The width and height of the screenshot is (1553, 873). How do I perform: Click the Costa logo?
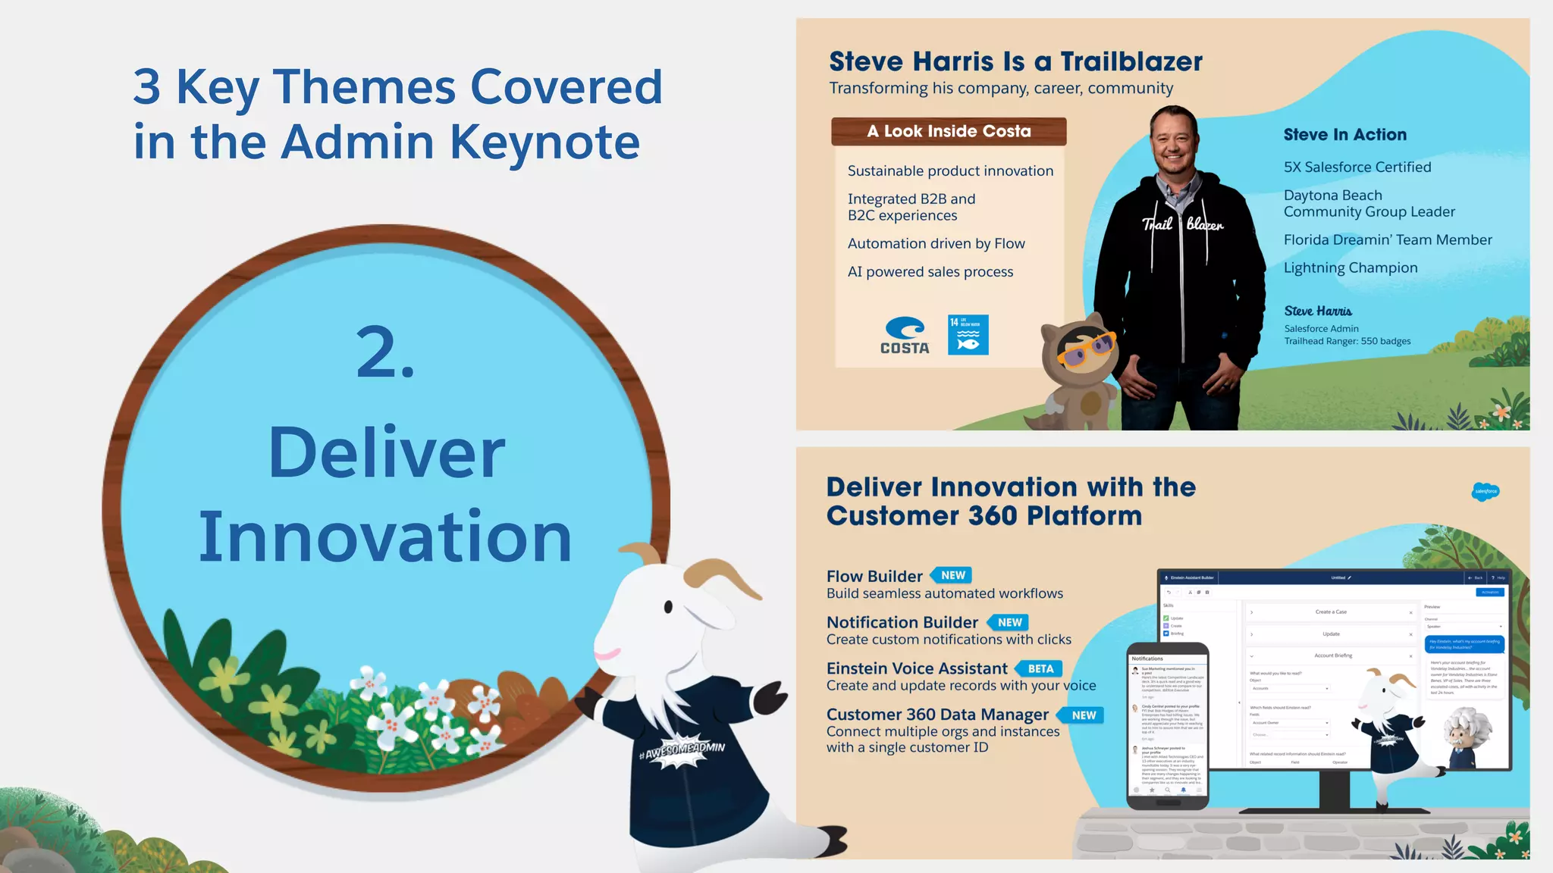pyautogui.click(x=905, y=336)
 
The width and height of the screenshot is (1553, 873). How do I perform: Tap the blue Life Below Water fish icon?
pyautogui.click(x=968, y=335)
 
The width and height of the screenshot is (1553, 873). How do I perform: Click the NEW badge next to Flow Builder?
pyautogui.click(x=952, y=575)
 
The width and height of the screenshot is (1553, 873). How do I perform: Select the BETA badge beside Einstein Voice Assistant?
pyautogui.click(x=1040, y=668)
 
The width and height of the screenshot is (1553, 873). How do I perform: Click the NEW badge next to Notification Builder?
pyautogui.click(x=1009, y=622)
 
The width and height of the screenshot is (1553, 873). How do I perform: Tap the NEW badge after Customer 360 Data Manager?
pyautogui.click(x=1083, y=715)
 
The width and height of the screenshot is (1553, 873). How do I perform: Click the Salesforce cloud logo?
pyautogui.click(x=1486, y=491)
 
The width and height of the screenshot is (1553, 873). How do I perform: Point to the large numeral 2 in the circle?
pyautogui.click(x=385, y=352)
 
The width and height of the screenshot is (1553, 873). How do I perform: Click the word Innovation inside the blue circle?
pyautogui.click(x=385, y=537)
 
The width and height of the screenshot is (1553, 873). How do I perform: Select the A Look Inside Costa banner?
pyautogui.click(x=949, y=131)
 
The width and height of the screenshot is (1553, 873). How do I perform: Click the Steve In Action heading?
pyautogui.click(x=1344, y=135)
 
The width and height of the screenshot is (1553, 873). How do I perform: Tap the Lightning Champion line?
pyautogui.click(x=1350, y=268)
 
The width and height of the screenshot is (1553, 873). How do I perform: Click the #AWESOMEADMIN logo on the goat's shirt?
pyautogui.click(x=682, y=750)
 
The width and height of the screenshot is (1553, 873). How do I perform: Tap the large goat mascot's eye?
pyautogui.click(x=668, y=606)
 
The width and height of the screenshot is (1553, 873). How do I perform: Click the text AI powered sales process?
pyautogui.click(x=930, y=271)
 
